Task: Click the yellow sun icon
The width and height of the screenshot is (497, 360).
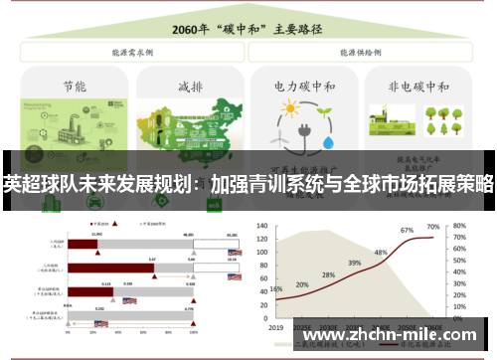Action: [289, 112]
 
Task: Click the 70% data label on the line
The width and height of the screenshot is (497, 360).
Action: [433, 228]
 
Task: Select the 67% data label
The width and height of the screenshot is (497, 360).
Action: [407, 231]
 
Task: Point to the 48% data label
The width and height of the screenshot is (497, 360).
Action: [381, 253]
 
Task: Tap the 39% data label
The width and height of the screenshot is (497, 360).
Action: [354, 264]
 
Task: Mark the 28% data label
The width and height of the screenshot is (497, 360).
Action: [328, 275]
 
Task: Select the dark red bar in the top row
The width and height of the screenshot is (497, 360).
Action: [83, 243]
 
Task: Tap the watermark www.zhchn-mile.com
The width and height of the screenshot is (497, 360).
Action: [390, 335]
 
